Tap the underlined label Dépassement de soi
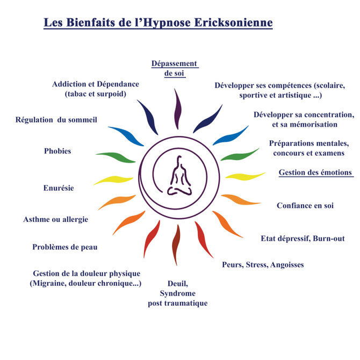[x=175, y=69]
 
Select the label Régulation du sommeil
[x=56, y=120]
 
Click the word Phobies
[x=57, y=151]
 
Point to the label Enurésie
[x=59, y=188]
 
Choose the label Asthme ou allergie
[x=56, y=219]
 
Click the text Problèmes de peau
[x=65, y=247]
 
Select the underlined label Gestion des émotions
[x=315, y=172]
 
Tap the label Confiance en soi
[x=305, y=205]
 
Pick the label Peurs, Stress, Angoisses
[x=263, y=264]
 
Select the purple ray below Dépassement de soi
[x=177, y=109]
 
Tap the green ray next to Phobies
[x=115, y=157]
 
